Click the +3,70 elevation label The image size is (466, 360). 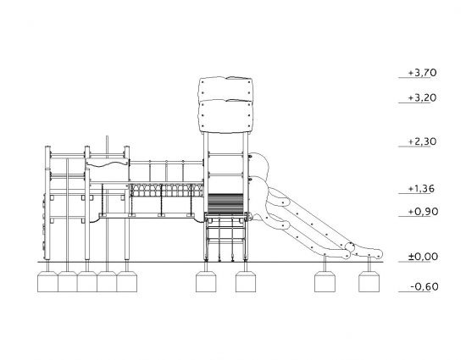[x=422, y=73]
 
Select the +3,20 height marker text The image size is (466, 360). [x=422, y=97]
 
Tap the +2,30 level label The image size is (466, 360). [x=422, y=141]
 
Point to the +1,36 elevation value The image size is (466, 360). [x=421, y=189]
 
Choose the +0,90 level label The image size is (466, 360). [x=423, y=212]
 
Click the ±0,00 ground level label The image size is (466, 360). [x=423, y=257]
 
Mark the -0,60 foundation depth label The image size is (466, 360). [x=424, y=286]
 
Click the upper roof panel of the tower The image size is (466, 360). [x=225, y=89]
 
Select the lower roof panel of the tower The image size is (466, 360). [x=226, y=116]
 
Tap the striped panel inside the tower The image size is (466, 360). [x=225, y=203]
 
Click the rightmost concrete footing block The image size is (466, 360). [x=369, y=281]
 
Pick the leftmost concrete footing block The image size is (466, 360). [x=47, y=281]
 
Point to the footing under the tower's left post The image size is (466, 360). [x=206, y=281]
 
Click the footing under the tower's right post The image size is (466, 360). [x=246, y=281]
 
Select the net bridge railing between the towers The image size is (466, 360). [x=167, y=190]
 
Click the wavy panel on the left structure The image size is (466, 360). [x=108, y=163]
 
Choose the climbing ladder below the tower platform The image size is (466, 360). [x=226, y=238]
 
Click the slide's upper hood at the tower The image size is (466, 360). [x=259, y=165]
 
